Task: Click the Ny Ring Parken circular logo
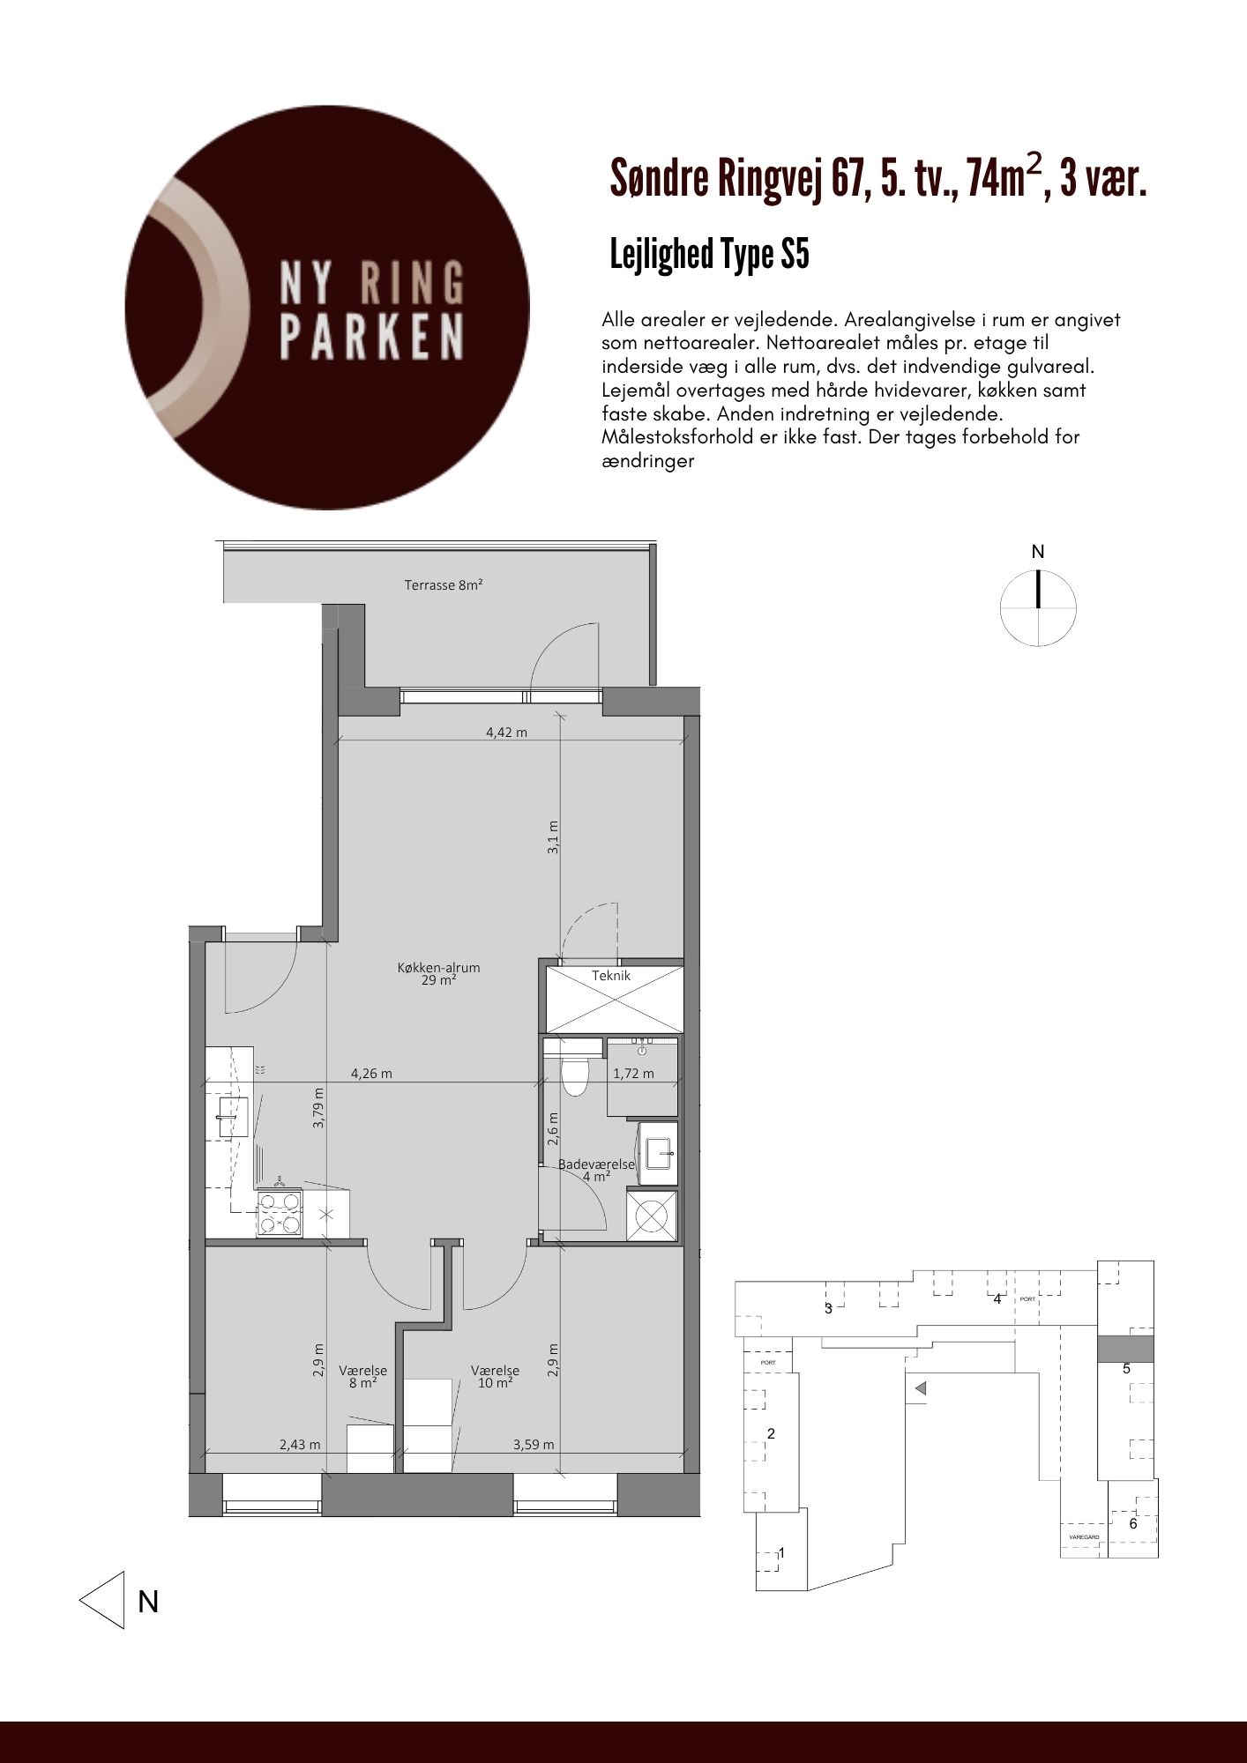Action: coord(327,308)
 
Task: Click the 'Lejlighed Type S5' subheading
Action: coord(709,255)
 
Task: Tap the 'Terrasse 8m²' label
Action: coord(443,584)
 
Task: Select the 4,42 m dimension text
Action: coord(506,732)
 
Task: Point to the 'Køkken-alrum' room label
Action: coord(438,967)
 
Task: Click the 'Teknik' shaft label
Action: coord(611,976)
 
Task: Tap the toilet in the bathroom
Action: coord(574,1075)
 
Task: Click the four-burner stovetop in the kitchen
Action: coord(279,1213)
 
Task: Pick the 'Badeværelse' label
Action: coord(596,1164)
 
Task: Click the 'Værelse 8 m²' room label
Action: coord(362,1377)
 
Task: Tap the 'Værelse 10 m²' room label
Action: coord(495,1377)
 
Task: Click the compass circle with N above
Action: coord(1038,607)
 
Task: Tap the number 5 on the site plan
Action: coord(1126,1369)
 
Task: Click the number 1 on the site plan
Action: coord(781,1552)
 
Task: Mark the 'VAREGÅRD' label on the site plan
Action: coord(1084,1536)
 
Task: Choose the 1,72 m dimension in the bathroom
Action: coord(633,1074)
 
